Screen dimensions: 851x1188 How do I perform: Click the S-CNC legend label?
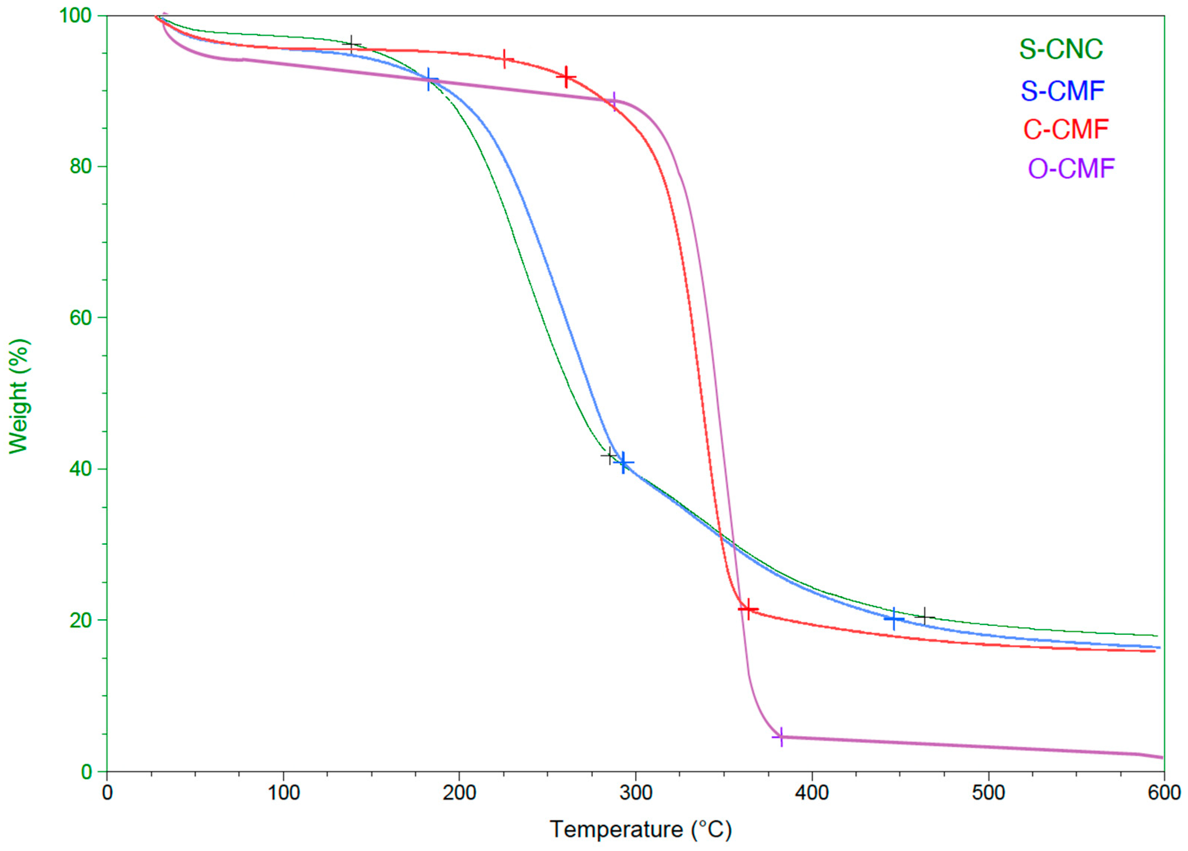click(x=1061, y=49)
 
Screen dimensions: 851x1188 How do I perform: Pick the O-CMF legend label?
click(x=1071, y=169)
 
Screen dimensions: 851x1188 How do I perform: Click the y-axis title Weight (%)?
click(x=19, y=396)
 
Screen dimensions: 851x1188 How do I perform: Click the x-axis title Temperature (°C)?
click(x=640, y=829)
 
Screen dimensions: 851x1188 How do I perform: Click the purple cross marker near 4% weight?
click(x=780, y=737)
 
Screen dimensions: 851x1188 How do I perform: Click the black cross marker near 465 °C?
click(x=925, y=616)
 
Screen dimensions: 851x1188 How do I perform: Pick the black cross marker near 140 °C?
click(x=352, y=45)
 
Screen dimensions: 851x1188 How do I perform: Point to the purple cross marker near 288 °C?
click(x=613, y=100)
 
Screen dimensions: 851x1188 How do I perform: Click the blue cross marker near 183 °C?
click(x=429, y=80)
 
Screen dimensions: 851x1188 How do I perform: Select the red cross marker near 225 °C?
click(x=504, y=59)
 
